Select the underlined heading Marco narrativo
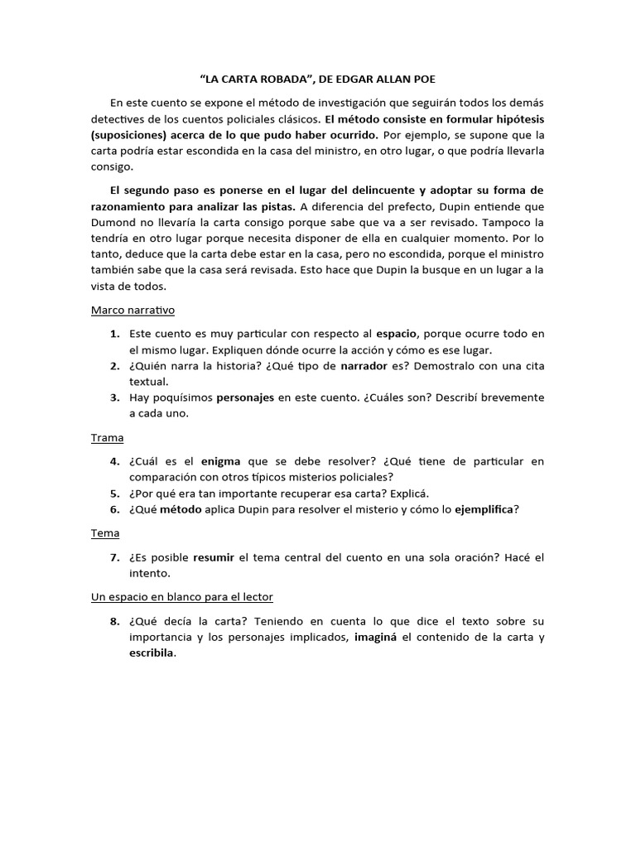click(132, 310)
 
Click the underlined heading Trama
click(107, 437)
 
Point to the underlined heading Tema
click(105, 532)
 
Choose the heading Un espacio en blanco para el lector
click(181, 596)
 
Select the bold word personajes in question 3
click(245, 397)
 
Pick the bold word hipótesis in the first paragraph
click(518, 118)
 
